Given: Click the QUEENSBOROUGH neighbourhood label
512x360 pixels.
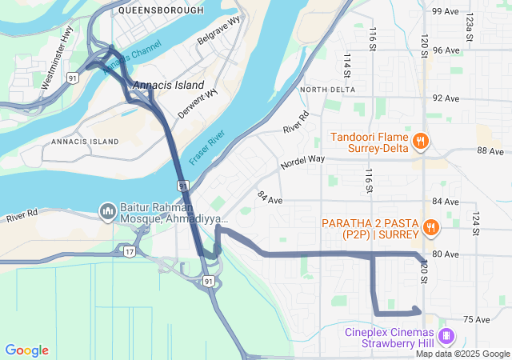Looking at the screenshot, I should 156,11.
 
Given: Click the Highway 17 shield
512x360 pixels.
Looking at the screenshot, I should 129,251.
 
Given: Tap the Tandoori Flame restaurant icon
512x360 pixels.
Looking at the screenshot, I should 420,142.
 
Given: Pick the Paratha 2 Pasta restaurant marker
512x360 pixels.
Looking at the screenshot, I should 430,227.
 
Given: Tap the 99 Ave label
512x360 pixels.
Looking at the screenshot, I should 446,11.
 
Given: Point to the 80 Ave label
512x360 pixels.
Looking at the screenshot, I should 446,254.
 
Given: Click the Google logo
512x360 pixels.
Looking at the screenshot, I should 27,350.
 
